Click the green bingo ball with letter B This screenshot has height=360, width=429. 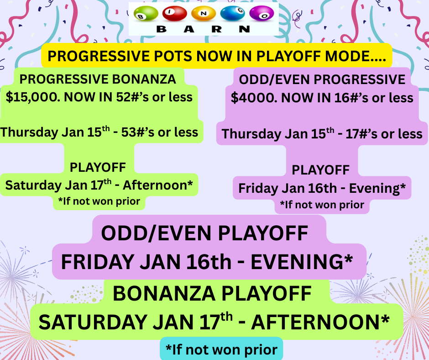pos(146,13)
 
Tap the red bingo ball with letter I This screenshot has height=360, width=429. pos(174,13)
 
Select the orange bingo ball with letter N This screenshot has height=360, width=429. pos(204,13)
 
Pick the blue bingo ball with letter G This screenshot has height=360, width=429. pos(233,13)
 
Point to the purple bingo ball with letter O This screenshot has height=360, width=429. pos(262,13)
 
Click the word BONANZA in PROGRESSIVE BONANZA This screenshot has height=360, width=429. pos(144,79)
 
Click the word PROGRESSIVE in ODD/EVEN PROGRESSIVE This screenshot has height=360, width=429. pos(359,80)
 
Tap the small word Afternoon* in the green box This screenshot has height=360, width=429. pos(157,185)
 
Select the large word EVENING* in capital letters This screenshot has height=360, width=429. pos(302,262)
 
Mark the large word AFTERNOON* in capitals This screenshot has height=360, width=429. pos(320,322)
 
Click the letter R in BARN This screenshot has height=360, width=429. pos(216,29)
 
